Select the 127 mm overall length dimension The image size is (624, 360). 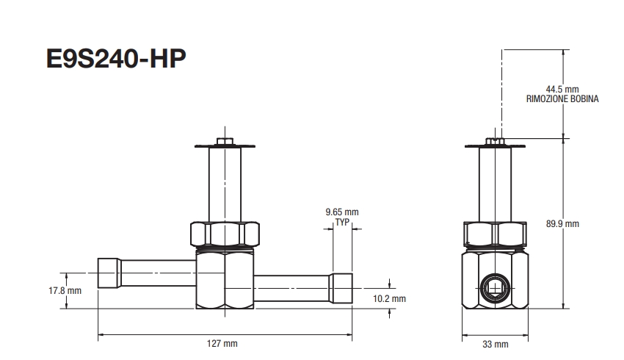point(223,343)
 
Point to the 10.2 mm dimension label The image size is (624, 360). point(390,299)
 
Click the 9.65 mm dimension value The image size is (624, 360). point(341,212)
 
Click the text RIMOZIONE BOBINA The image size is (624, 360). point(562,98)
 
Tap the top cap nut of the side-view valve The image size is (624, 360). point(496,140)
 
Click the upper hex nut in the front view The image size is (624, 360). point(224,234)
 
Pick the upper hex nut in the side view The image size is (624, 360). point(496,234)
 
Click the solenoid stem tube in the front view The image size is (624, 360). point(224,184)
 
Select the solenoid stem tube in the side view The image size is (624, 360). point(496,184)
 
